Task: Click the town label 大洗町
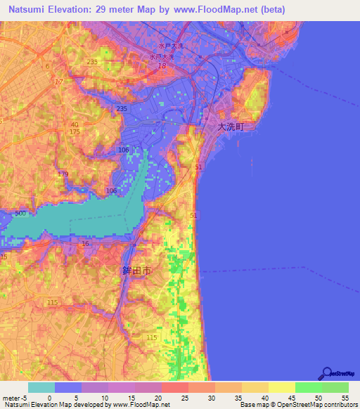(230, 127)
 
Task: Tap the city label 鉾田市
(136, 271)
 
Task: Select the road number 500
(20, 213)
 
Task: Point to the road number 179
(63, 174)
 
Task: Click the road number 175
(75, 131)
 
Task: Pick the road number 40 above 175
(74, 124)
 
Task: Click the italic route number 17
(58, 82)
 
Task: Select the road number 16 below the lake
(84, 243)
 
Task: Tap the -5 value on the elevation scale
(26, 397)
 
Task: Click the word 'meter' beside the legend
(11, 397)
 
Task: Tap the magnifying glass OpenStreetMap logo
(327, 373)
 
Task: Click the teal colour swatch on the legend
(41, 387)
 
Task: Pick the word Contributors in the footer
(335, 405)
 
